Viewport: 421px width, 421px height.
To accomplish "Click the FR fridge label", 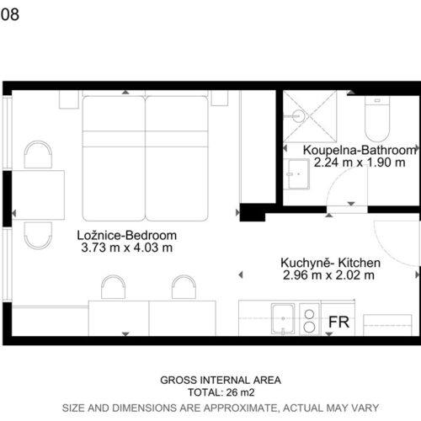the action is (x=338, y=322).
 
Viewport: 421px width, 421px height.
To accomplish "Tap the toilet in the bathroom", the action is (x=377, y=119).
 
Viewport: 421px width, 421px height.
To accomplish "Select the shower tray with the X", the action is (x=310, y=116).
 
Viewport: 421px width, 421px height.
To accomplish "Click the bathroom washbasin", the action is (x=296, y=174).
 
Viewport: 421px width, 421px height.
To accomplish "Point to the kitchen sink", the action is (x=283, y=318).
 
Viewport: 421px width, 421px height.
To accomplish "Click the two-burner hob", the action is (x=309, y=319).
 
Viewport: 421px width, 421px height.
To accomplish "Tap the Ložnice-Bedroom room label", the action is (x=127, y=235).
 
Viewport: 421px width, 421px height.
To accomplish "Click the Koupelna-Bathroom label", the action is (x=360, y=150).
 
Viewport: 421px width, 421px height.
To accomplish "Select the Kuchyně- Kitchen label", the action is (x=331, y=263).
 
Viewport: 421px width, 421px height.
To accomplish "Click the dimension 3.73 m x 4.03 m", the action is (x=127, y=248).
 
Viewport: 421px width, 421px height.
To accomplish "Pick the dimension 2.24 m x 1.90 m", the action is (x=360, y=163).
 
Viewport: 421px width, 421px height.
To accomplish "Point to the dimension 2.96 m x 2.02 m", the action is (x=328, y=275).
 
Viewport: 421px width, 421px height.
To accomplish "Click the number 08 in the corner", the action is (x=10, y=14).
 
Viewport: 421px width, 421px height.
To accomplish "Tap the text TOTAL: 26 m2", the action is (x=221, y=392).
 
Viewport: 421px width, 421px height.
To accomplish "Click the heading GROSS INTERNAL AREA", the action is (x=221, y=380).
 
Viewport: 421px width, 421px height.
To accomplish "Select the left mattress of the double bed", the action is (x=114, y=158).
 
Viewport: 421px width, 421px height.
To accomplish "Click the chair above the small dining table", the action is (x=38, y=155).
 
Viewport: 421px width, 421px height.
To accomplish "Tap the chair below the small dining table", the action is (x=38, y=236).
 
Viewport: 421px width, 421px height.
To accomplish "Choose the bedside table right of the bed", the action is (x=220, y=98).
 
